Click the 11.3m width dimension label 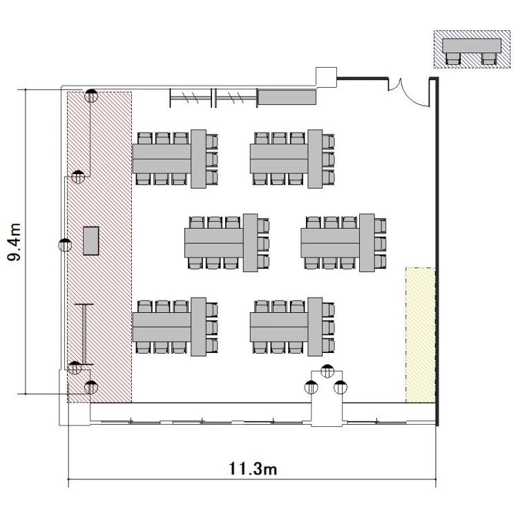coord(253,469)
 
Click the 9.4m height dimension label coord(15,242)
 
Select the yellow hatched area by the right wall coord(420,335)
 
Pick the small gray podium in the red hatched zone coord(91,241)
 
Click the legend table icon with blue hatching coord(472,50)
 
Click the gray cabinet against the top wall coord(287,97)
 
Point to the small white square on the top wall coord(327,77)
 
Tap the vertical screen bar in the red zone coord(84,334)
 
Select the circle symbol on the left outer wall coord(65,245)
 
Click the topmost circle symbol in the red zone coord(91,95)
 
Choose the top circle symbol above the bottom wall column coord(327,371)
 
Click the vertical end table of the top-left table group coord(198,159)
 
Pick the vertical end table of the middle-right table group coord(367,243)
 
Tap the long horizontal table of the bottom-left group coord(162,327)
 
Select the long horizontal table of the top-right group coord(279,159)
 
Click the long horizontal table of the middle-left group coord(214,243)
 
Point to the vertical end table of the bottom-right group coord(315,327)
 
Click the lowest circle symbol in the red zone coord(91,387)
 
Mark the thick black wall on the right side coord(437,251)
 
